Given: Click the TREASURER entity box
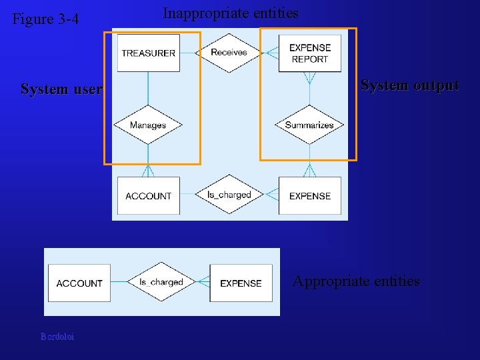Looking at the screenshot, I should (x=148, y=53).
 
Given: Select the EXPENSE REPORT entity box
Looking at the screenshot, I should (x=309, y=53).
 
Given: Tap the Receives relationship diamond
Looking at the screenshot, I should (x=229, y=53).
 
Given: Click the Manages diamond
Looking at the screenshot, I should (x=148, y=125).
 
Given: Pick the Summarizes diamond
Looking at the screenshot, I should (x=309, y=125).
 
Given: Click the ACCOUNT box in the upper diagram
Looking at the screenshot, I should (x=148, y=195).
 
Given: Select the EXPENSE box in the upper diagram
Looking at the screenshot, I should (x=309, y=195).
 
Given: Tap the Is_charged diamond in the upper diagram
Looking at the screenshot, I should (x=229, y=195).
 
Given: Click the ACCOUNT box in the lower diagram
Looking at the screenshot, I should (x=79, y=283).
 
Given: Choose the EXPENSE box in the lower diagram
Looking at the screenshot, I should (x=241, y=283).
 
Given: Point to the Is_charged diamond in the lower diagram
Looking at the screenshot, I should (x=161, y=282).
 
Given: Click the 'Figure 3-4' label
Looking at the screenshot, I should (x=45, y=19).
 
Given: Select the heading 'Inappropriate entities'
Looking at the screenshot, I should (x=231, y=13).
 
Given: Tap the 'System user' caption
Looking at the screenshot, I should (x=61, y=89).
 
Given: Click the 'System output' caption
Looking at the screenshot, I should (x=409, y=85).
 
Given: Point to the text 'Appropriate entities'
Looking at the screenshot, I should (x=356, y=281).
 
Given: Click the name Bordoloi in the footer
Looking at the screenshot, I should (x=57, y=337).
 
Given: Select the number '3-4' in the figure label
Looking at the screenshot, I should (x=69, y=19).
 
